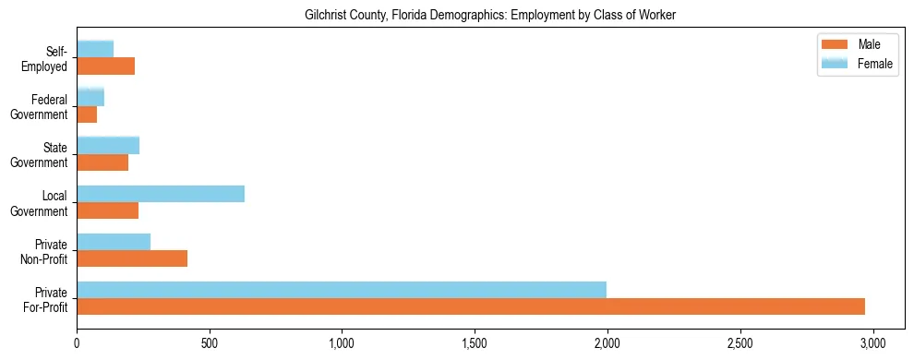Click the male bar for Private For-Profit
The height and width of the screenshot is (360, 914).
click(471, 306)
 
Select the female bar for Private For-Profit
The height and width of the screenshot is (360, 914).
click(342, 290)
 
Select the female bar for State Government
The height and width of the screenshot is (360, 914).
click(108, 146)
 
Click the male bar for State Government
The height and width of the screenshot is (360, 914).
click(102, 162)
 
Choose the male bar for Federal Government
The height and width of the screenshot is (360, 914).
click(87, 114)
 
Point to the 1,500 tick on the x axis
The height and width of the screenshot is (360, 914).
click(475, 339)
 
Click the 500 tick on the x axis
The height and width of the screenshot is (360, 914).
click(210, 339)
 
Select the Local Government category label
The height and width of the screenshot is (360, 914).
click(42, 203)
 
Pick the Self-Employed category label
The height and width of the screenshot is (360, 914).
click(45, 59)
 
